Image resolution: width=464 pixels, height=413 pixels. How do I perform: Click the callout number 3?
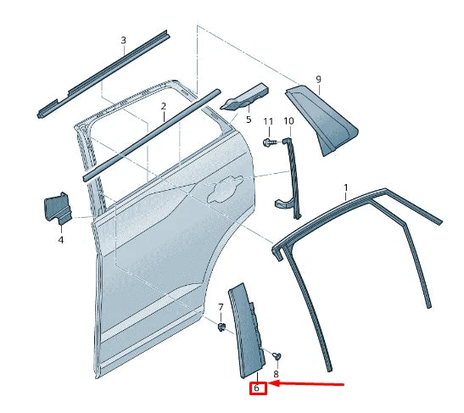coord(123,40)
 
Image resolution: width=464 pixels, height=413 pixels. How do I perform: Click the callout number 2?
coord(163,106)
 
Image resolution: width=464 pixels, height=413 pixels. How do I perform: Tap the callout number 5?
coord(249,120)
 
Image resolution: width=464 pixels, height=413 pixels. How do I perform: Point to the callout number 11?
coord(268,122)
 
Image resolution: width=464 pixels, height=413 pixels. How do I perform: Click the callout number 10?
coord(288,122)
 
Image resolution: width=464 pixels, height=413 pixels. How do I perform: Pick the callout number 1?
coord(345,186)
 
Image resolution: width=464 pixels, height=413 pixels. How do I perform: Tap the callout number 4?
coord(61,240)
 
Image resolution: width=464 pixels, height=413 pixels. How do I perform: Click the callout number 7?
coord(221,306)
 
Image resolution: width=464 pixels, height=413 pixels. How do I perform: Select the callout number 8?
coord(275,373)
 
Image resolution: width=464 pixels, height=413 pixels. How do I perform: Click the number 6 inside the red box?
coord(257,389)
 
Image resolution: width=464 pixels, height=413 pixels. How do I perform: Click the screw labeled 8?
coord(278,355)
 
